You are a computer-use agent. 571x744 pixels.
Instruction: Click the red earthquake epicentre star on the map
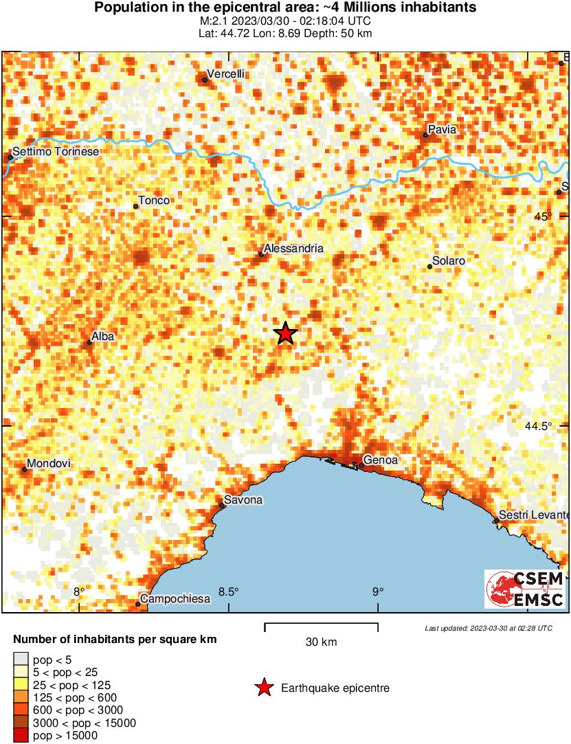(x=286, y=333)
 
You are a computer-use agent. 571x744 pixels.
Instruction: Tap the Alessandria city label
(x=293, y=249)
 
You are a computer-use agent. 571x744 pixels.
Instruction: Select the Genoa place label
(x=381, y=461)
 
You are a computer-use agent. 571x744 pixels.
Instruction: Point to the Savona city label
(x=245, y=500)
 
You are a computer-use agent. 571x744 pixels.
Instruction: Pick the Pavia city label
(x=442, y=129)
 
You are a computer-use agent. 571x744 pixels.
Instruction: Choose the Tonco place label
(x=154, y=201)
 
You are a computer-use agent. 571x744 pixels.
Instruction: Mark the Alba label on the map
(x=103, y=336)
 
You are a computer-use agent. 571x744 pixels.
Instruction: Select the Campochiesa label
(x=176, y=599)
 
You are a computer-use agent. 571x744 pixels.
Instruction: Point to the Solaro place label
(x=449, y=261)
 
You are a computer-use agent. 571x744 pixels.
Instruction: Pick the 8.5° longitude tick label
(x=229, y=591)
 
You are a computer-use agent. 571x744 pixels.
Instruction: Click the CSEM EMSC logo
(x=526, y=589)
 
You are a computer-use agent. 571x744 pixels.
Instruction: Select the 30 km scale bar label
(x=321, y=642)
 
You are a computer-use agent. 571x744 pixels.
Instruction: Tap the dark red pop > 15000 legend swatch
(x=21, y=735)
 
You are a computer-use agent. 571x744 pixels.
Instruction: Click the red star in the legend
(x=263, y=688)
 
